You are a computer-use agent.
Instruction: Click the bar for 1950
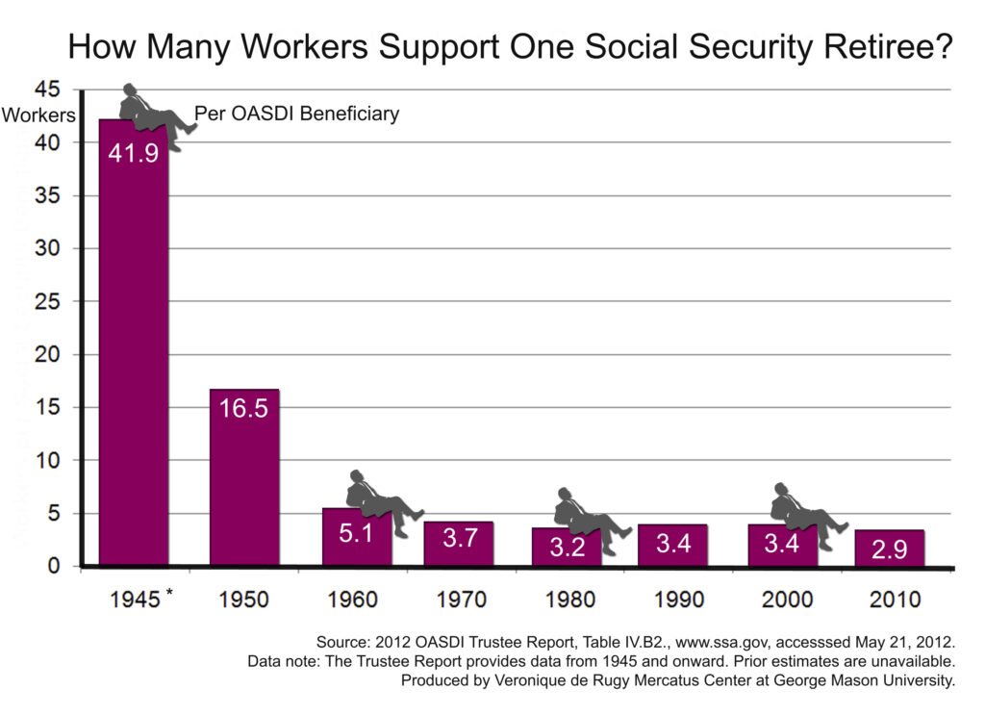click(244, 476)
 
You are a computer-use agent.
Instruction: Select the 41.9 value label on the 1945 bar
click(133, 153)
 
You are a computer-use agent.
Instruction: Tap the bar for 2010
click(890, 548)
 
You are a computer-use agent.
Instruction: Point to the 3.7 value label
click(459, 539)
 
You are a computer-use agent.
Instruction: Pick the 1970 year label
click(459, 600)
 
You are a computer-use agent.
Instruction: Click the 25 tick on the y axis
click(47, 301)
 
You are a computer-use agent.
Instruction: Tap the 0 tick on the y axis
click(54, 566)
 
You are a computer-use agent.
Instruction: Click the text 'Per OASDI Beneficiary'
click(296, 115)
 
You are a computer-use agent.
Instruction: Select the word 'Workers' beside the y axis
click(38, 115)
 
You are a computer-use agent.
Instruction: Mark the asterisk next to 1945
click(169, 591)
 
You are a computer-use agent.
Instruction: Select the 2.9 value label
click(890, 549)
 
